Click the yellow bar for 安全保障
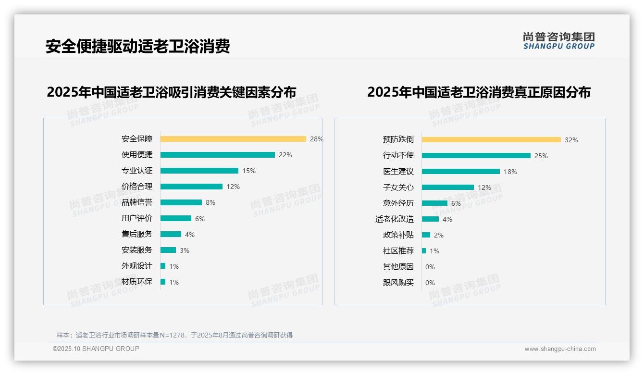(x=233, y=139)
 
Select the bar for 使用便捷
(x=217, y=155)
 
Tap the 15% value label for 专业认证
(x=249, y=171)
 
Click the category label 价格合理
(x=136, y=187)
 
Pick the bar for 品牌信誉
(x=181, y=202)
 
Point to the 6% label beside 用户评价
(x=200, y=219)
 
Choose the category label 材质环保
(x=136, y=282)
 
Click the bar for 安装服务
(x=168, y=250)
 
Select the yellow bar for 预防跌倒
(x=491, y=140)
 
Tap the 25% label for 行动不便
(x=541, y=156)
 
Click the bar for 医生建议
(x=460, y=172)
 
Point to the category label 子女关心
(x=398, y=187)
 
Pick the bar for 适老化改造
(x=430, y=219)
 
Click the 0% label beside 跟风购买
(x=430, y=283)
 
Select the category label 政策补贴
(x=398, y=235)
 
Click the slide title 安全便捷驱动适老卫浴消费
(x=138, y=46)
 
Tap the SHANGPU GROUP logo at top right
(x=559, y=41)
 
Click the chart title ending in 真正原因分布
(x=479, y=92)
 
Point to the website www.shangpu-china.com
(x=560, y=349)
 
